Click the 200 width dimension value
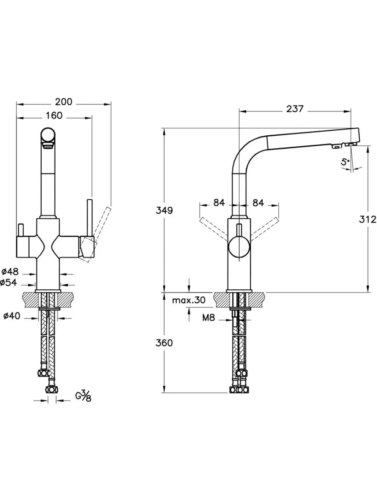tap(64, 102)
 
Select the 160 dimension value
tap(54, 116)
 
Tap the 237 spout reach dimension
tap(295, 109)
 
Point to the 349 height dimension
tap(164, 211)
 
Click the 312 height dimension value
tap(368, 220)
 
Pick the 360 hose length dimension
tap(164, 343)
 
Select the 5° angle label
tap(345, 161)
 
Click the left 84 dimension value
tap(219, 203)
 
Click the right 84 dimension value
tap(258, 203)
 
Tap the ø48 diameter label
tap(10, 272)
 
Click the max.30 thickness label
tap(189, 300)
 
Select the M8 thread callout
tap(208, 317)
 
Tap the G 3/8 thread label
tap(83, 396)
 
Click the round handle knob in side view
tap(239, 247)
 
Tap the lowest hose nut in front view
tap(50, 391)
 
